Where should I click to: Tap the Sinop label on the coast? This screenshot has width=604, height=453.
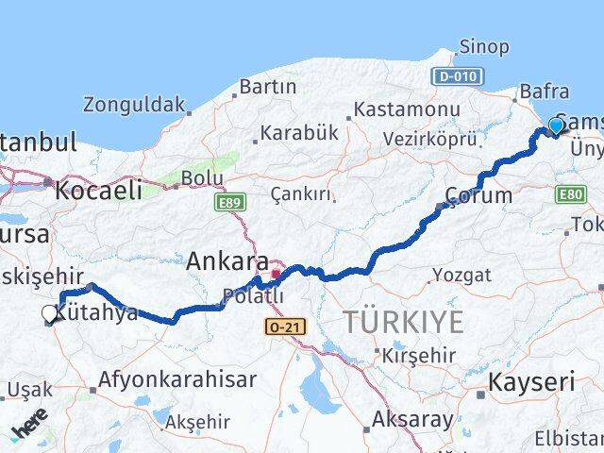484,46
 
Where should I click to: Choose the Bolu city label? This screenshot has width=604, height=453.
202,177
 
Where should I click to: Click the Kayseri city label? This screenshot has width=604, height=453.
531,382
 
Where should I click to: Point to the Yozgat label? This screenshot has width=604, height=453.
461,276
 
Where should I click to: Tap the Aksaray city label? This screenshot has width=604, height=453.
413,419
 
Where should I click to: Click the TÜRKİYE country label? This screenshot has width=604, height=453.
403,322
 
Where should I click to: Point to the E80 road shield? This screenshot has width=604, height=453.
570,194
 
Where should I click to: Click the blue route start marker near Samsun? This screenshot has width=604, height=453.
556,126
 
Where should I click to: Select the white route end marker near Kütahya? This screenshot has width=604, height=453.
50,314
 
